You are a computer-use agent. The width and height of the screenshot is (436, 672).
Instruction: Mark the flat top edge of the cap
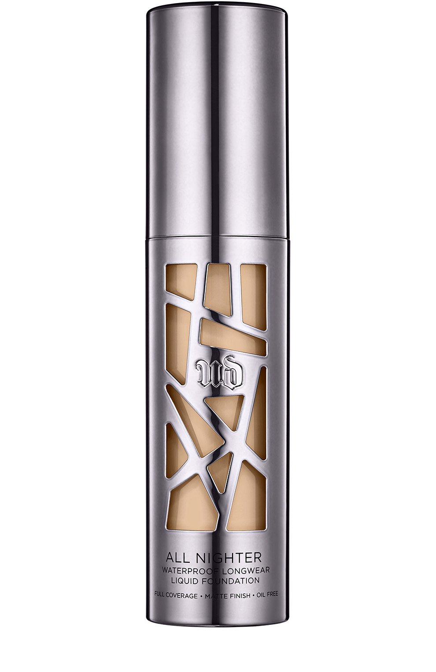coord(218,2)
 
